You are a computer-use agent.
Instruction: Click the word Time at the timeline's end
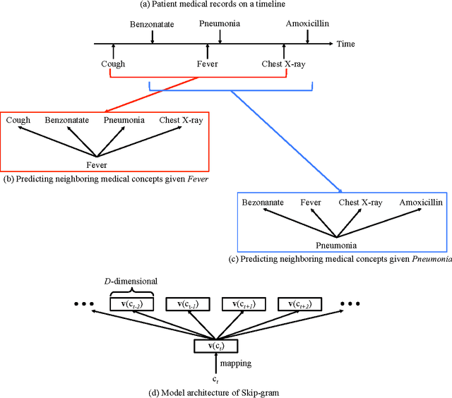pos(346,44)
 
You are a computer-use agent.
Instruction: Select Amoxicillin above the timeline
pos(307,24)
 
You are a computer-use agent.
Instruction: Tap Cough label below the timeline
pos(113,64)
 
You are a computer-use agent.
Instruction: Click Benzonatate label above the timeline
pos(152,24)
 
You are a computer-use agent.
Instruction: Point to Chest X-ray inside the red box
pos(180,121)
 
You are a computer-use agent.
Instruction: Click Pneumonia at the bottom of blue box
pos(336,246)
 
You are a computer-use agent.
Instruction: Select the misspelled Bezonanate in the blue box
pos(263,203)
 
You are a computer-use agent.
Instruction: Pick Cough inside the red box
pos(18,121)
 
